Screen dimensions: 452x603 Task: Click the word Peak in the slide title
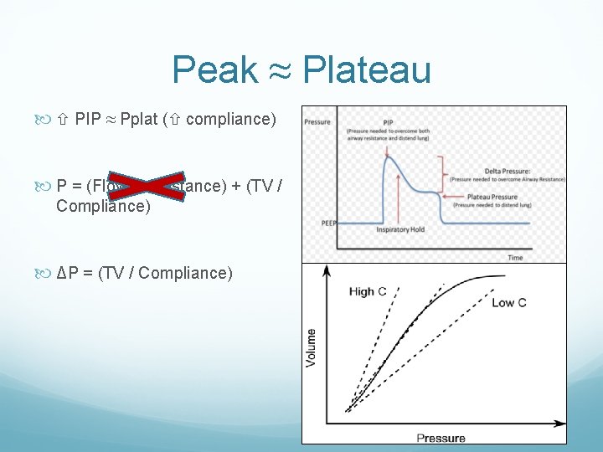214,69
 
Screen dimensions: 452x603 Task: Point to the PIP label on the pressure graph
388,121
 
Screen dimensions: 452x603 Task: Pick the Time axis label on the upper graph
515,257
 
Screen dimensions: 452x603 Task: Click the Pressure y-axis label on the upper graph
318,121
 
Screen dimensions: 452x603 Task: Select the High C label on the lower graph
367,292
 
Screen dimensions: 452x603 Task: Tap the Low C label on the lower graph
508,302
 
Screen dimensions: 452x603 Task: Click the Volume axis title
312,347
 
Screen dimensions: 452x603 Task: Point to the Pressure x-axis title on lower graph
441,437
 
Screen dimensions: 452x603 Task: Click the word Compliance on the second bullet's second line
103,206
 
